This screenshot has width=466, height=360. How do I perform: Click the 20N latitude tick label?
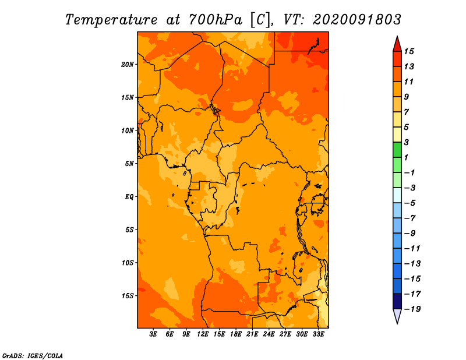[128, 65]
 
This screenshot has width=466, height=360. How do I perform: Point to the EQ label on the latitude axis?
[129, 197]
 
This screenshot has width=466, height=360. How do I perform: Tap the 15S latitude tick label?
[128, 296]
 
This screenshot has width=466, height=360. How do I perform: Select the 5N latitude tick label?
[129, 164]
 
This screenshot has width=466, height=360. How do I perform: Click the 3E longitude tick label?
[153, 334]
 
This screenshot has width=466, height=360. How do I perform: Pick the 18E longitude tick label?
[236, 334]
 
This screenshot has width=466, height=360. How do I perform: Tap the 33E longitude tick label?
[318, 334]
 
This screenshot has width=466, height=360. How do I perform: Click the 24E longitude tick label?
[269, 334]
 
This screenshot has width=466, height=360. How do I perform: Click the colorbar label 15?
[409, 51]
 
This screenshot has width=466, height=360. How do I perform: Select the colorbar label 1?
[406, 157]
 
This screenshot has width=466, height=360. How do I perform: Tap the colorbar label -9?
[410, 234]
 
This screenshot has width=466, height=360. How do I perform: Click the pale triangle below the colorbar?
[397, 315]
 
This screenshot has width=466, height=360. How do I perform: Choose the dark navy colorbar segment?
[397, 301]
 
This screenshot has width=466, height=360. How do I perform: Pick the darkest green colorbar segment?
[397, 150]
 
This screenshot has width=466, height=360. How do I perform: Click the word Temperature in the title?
[111, 20]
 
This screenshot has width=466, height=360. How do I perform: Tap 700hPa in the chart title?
[215, 20]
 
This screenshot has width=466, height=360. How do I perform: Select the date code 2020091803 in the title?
[357, 20]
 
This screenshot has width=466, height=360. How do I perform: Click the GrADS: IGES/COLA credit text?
[33, 355]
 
